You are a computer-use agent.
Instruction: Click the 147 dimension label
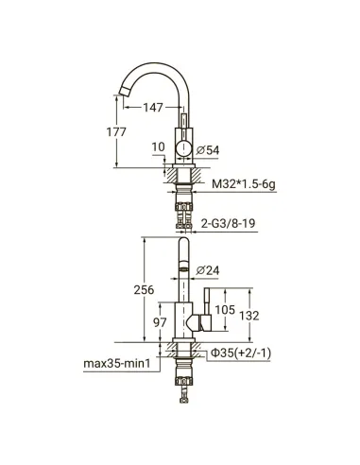pos(153,108)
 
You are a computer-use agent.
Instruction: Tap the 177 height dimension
pos(116,132)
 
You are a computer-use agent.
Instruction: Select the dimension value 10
pos(158,147)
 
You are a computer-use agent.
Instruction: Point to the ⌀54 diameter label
pos(208,150)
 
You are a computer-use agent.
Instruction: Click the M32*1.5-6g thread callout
pos(244,183)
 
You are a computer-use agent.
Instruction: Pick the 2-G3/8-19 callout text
pos(228,223)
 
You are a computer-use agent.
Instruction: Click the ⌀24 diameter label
pos(208,270)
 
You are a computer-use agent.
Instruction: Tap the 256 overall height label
pos(144,290)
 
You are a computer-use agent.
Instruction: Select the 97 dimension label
pos(160,322)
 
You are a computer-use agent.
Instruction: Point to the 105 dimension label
pos(225,310)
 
